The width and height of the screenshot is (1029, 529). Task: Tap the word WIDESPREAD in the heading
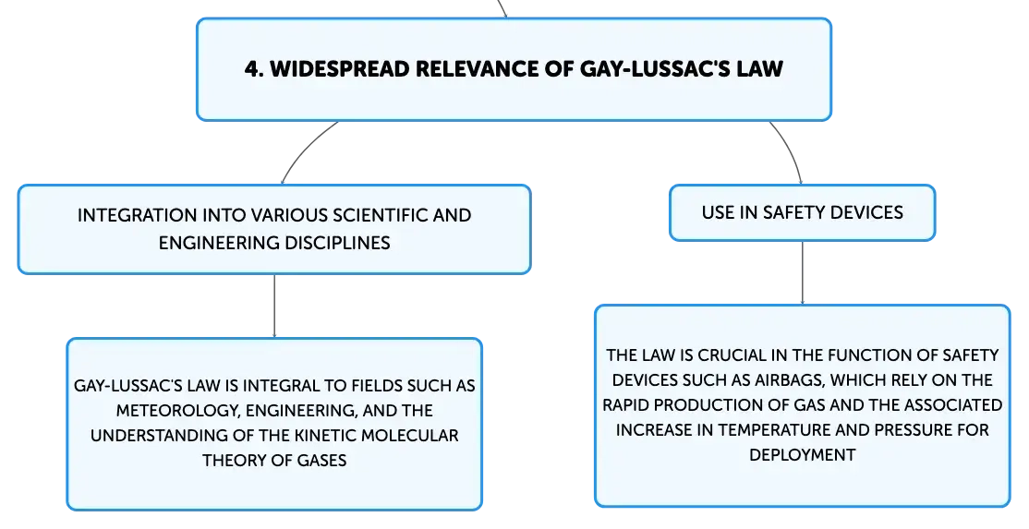click(340, 69)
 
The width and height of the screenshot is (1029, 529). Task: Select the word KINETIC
click(325, 436)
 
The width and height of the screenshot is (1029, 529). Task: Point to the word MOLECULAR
click(409, 436)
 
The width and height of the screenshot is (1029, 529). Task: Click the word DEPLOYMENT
click(803, 455)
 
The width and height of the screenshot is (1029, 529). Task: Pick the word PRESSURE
click(910, 430)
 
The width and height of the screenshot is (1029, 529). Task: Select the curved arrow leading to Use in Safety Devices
click(790, 150)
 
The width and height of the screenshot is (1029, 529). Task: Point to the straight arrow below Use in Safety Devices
click(803, 272)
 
